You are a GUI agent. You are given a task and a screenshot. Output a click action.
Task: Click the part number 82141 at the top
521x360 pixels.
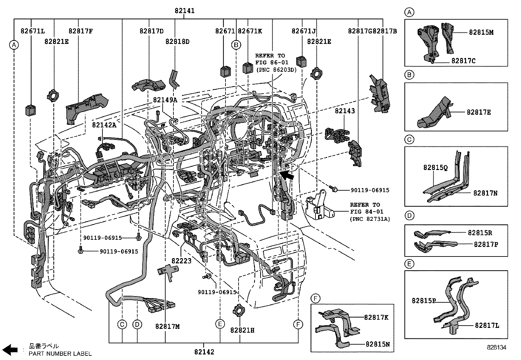click(185, 11)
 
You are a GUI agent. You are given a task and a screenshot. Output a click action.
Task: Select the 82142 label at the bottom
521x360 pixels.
click(204, 351)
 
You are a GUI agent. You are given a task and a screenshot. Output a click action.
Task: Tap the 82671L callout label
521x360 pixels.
click(33, 31)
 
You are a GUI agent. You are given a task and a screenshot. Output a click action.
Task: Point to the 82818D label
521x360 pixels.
click(177, 42)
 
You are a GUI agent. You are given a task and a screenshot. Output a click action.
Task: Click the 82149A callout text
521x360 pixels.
click(165, 100)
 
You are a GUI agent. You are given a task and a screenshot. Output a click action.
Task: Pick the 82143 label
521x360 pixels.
click(345, 111)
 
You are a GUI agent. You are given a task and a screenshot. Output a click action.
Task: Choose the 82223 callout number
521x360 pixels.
click(181, 261)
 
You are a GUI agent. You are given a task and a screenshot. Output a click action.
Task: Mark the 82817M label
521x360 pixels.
click(168, 327)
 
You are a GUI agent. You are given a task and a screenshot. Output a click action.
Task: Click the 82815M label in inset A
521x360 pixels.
click(481, 32)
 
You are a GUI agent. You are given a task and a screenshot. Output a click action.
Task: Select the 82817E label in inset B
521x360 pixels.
click(479, 112)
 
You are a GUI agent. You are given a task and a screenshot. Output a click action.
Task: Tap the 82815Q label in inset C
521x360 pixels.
click(435, 168)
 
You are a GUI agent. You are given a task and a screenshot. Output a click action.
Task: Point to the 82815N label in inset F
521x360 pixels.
click(378, 344)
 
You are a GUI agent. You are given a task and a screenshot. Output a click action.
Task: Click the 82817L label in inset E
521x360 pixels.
click(487, 325)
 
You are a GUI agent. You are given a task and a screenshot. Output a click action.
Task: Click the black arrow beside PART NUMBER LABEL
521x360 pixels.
click(10, 350)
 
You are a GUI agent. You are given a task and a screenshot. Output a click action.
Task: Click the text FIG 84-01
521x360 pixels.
click(367, 212)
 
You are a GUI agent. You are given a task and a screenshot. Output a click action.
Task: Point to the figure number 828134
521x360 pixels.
click(497, 348)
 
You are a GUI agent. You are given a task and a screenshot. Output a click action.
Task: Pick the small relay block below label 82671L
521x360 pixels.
click(31, 110)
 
